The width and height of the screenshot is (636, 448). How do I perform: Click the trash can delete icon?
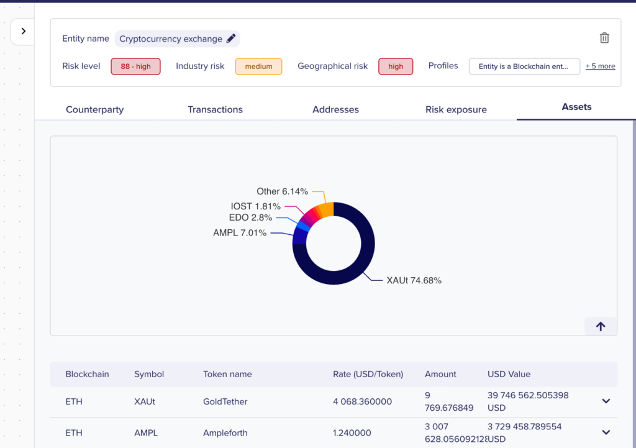tap(604, 38)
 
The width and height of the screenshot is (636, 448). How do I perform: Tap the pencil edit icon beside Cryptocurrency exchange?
tap(231, 39)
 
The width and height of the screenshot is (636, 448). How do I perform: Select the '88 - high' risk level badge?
tap(135, 66)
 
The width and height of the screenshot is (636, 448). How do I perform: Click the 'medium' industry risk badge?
tap(258, 66)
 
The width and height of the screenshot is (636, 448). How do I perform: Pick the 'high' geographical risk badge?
tap(396, 66)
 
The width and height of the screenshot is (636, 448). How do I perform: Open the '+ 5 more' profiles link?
tap(601, 66)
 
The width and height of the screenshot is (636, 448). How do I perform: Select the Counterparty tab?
tap(94, 109)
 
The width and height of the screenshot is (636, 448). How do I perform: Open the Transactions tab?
tap(215, 109)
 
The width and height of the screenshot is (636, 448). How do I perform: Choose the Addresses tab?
tap(335, 109)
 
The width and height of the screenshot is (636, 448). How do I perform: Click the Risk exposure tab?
tap(456, 109)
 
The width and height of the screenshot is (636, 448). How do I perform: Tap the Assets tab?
tap(576, 107)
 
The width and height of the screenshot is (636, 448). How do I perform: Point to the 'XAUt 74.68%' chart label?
tap(414, 280)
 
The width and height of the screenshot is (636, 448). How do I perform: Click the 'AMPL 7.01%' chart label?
tap(240, 233)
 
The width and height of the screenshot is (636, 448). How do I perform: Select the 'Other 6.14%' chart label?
tap(283, 191)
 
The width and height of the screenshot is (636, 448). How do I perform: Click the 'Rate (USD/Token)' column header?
tap(368, 374)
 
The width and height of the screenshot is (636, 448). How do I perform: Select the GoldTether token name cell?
tap(225, 402)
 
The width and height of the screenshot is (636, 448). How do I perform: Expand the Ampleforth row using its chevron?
tap(606, 432)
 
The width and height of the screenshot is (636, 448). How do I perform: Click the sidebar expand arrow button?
tap(23, 31)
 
